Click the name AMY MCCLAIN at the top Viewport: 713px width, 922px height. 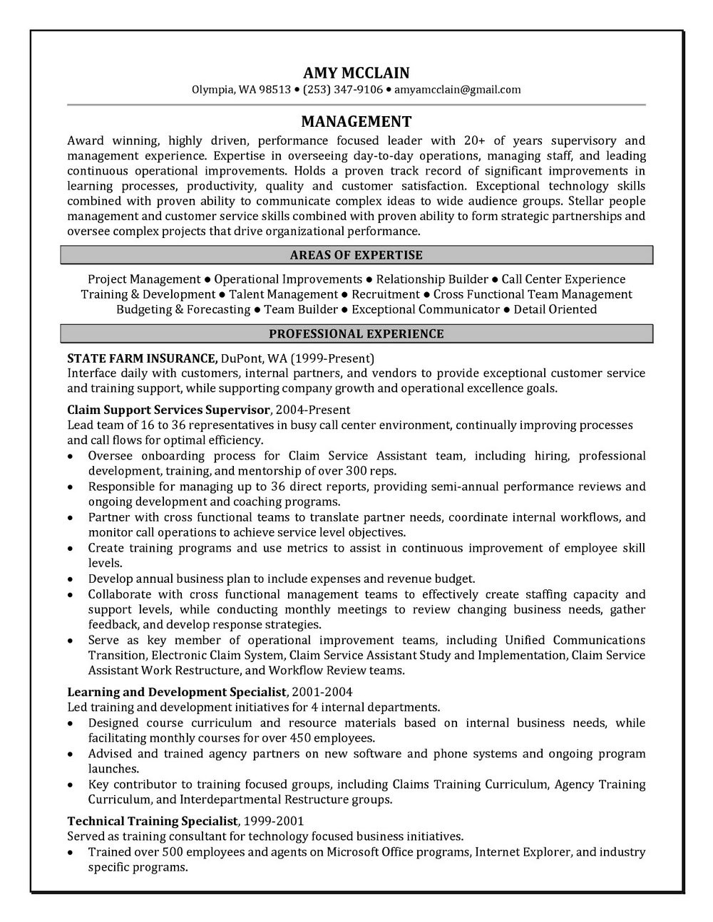coord(356,73)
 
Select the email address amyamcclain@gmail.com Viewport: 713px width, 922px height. coord(457,90)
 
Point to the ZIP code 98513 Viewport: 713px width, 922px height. coord(275,90)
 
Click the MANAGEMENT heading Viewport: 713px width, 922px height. coord(356,121)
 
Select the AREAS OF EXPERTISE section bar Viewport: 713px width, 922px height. coord(356,255)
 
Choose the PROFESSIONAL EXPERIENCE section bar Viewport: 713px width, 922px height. coord(356,334)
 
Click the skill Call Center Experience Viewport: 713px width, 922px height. coord(563,279)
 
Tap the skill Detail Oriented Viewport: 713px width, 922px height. coord(555,309)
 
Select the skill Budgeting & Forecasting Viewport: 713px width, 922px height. coord(183,309)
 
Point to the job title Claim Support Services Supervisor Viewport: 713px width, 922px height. coord(169,410)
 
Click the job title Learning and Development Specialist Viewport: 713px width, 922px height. coord(177,692)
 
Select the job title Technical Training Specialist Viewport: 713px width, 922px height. coord(154,821)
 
